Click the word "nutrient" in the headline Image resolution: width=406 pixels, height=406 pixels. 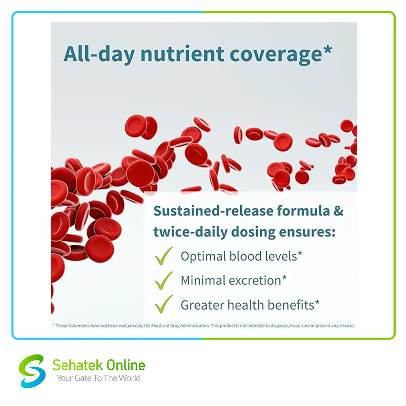click(182, 54)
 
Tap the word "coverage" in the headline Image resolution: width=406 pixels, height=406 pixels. click(276, 55)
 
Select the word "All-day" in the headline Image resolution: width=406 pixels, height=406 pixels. click(99, 55)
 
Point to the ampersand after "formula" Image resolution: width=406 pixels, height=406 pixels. click(338, 211)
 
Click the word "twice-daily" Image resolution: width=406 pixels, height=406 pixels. click(190, 232)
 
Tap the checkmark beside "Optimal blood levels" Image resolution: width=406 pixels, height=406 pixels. click(164, 255)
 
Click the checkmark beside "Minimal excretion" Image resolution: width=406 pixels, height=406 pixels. click(164, 281)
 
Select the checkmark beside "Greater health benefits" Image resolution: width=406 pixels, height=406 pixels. click(164, 304)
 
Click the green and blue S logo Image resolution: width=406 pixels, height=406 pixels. click(32, 371)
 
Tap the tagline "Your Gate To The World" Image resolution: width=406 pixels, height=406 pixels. click(99, 378)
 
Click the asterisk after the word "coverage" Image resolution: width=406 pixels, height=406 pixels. click(328, 49)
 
